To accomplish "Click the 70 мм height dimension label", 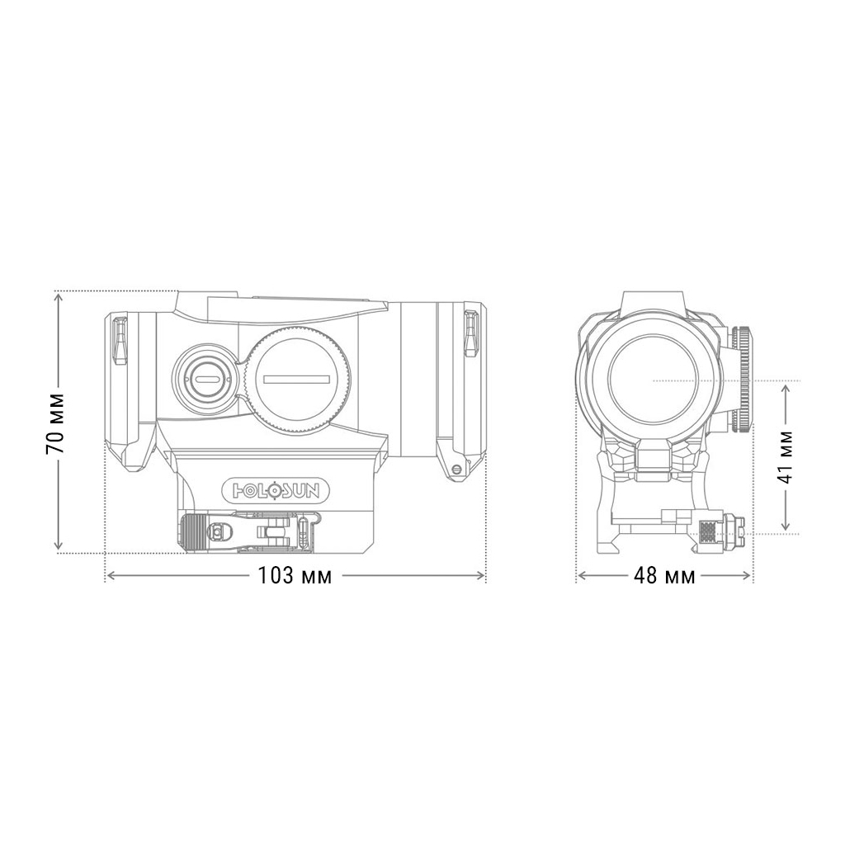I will click(56, 422).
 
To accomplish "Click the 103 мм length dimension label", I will click(295, 576).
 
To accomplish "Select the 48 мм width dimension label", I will click(663, 576).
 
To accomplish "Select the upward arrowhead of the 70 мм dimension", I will click(57, 298).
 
